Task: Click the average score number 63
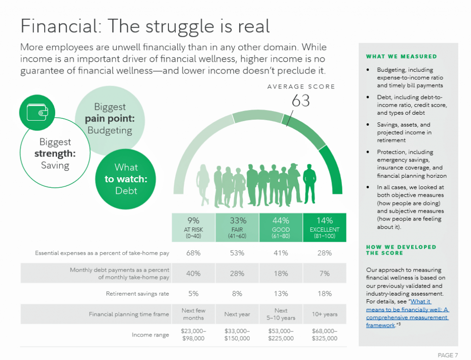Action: (300, 101)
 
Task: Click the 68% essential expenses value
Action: (193, 253)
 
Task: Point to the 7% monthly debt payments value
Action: (325, 273)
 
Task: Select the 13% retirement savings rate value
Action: (281, 294)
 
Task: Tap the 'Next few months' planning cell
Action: (193, 314)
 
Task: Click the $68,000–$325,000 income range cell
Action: (325, 335)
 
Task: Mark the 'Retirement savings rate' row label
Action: (138, 294)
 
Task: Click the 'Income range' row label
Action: (150, 335)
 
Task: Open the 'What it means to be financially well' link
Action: (407, 309)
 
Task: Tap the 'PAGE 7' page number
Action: (448, 355)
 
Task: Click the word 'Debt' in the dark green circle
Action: (126, 191)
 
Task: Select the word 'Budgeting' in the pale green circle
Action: (109, 130)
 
